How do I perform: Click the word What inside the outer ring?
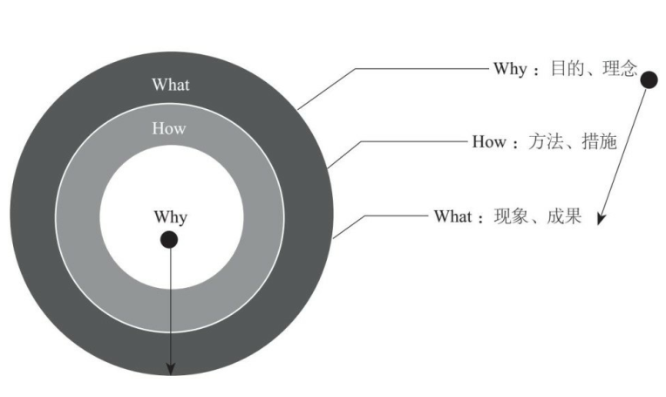[170, 85]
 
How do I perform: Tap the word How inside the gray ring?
[169, 128]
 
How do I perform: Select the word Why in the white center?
[170, 216]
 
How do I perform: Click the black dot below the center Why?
[169, 239]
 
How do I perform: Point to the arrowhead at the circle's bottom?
[170, 367]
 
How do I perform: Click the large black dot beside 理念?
[649, 80]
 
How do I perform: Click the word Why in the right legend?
[509, 68]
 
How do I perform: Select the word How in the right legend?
[488, 141]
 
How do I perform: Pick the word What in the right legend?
[452, 216]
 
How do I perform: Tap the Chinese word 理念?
[618, 68]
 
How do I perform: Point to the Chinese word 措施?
[597, 141]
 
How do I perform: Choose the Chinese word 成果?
[561, 216]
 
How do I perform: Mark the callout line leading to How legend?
[410, 141]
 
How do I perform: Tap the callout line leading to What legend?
[392, 216]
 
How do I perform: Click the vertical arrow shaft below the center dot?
[170, 305]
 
